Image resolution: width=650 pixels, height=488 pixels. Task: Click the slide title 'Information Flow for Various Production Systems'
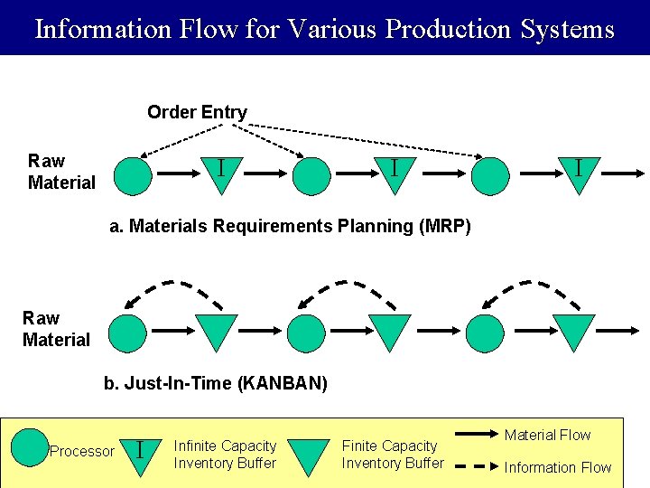pyautogui.click(x=324, y=29)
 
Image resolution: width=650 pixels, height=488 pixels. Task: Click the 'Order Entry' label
pyautogui.click(x=197, y=112)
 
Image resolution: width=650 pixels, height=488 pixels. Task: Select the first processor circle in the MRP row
pyautogui.click(x=133, y=176)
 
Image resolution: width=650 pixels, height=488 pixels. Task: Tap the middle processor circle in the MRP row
pyautogui.click(x=312, y=176)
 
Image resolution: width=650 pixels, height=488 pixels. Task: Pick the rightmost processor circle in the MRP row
pyautogui.click(x=490, y=176)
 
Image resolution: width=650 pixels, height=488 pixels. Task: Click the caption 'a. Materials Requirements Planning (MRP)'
pyautogui.click(x=290, y=226)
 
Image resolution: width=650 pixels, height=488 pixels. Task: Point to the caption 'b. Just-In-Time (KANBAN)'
pyautogui.click(x=215, y=383)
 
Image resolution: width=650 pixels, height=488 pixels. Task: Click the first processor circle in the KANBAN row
pyautogui.click(x=127, y=333)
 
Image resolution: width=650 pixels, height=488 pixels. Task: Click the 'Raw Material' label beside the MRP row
pyautogui.click(x=60, y=172)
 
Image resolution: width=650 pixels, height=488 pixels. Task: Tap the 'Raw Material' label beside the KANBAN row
pyautogui.click(x=56, y=329)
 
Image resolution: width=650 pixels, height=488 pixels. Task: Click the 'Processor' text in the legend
pyautogui.click(x=82, y=451)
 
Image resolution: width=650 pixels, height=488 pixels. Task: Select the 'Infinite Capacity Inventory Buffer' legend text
pyautogui.click(x=225, y=455)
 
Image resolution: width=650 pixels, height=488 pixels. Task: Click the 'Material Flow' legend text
pyautogui.click(x=547, y=435)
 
